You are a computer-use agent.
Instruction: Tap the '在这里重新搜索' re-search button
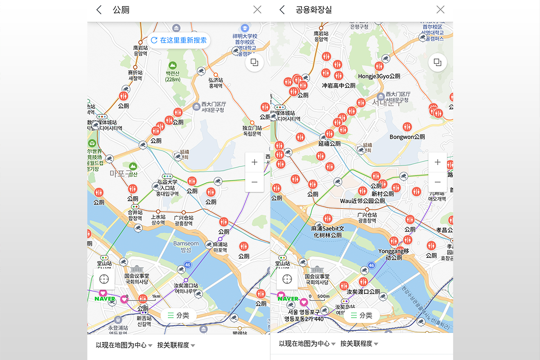point(179,40)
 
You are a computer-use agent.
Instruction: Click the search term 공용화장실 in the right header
point(314,9)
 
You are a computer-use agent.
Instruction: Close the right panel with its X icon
point(440,9)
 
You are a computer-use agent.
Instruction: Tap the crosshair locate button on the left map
point(104,279)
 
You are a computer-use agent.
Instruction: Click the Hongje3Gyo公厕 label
point(379,76)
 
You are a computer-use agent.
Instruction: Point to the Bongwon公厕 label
point(407,137)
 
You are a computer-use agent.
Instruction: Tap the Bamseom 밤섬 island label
point(186,246)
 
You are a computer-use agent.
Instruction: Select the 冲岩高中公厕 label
point(338,85)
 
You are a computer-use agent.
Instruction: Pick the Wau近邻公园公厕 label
point(362,201)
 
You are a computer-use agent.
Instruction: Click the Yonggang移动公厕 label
point(393,254)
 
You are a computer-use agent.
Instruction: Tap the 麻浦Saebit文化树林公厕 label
point(327,232)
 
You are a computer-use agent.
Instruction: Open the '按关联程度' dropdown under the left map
point(176,345)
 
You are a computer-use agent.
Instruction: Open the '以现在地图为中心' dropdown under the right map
point(307,344)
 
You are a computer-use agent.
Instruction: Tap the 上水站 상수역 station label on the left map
point(158,219)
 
